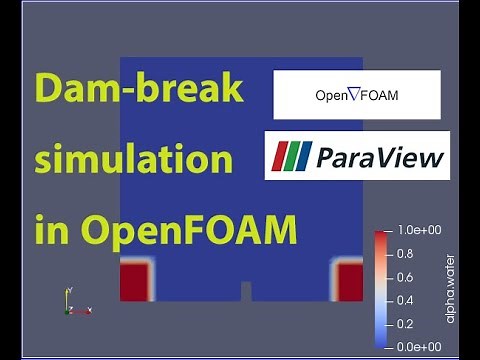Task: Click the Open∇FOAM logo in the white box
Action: click(356, 96)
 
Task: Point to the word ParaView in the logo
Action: click(380, 157)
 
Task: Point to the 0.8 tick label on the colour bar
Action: click(405, 254)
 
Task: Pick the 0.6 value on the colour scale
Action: click(405, 277)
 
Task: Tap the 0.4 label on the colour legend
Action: click(405, 300)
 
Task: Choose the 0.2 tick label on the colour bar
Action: click(405, 324)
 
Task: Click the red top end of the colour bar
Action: click(381, 236)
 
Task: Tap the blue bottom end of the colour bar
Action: click(381, 342)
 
